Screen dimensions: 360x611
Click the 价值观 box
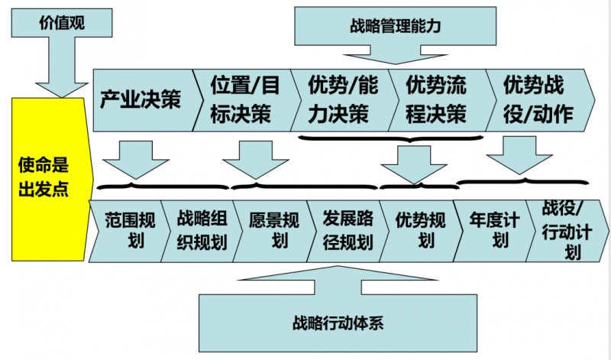click(x=61, y=24)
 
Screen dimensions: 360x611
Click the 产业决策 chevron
click(x=141, y=99)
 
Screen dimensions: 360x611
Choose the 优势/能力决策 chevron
click(x=341, y=99)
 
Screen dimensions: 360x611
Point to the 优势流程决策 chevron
click(x=435, y=99)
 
